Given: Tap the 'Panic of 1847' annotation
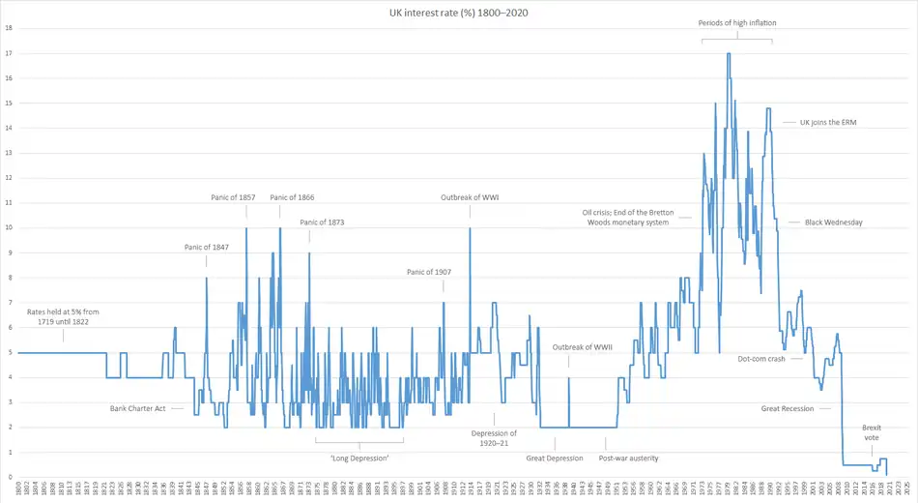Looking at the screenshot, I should [x=207, y=247].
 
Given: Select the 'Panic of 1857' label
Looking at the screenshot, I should [x=233, y=197].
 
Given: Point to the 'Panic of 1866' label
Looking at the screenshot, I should [x=292, y=197].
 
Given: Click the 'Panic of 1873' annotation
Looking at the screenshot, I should [x=322, y=222].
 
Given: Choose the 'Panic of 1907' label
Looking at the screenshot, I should [x=429, y=272].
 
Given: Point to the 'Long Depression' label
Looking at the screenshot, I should [x=359, y=458].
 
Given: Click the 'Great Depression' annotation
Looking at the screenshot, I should [x=555, y=458].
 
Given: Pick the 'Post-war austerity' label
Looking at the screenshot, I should [x=630, y=458].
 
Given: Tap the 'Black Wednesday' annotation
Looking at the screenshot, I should [x=833, y=222].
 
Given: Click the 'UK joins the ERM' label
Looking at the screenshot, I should [x=828, y=123].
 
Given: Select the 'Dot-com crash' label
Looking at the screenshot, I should [x=762, y=359].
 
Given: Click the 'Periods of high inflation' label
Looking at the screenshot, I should [x=737, y=22].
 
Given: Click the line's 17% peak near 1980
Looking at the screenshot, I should [x=728, y=54].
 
